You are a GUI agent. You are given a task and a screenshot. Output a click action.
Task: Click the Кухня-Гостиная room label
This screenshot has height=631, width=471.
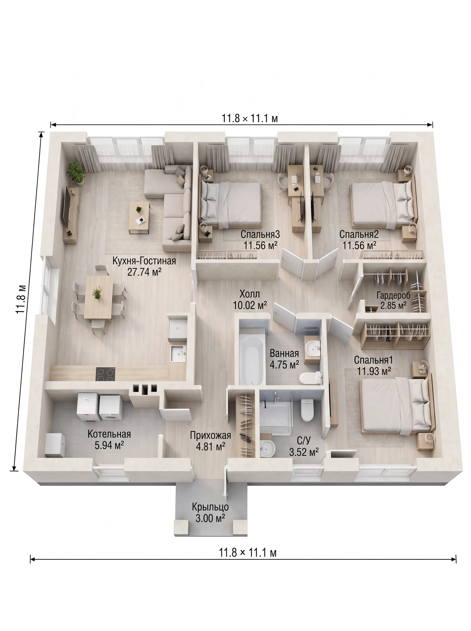pyautogui.click(x=144, y=261)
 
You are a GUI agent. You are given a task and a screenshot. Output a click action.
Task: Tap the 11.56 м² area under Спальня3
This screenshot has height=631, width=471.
pyautogui.click(x=261, y=245)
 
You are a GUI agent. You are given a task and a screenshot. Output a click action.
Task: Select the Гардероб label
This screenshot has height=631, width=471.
pyautogui.click(x=393, y=295)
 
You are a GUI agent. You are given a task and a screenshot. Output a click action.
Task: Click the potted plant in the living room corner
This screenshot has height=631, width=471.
pyautogui.click(x=76, y=174)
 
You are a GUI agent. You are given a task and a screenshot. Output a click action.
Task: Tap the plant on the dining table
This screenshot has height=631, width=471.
pyautogui.click(x=97, y=293)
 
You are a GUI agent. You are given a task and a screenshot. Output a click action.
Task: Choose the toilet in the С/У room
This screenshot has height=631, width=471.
pyautogui.click(x=307, y=410)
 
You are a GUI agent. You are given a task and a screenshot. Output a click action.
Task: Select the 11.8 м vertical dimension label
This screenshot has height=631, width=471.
pyautogui.click(x=21, y=299)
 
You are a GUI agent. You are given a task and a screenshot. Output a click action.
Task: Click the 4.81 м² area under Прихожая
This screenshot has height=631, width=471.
pyautogui.click(x=211, y=446)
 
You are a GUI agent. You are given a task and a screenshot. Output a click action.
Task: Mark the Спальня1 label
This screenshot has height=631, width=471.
pyautogui.click(x=374, y=360)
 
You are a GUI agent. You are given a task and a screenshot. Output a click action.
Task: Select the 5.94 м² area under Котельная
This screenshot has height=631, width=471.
pyautogui.click(x=109, y=445)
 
